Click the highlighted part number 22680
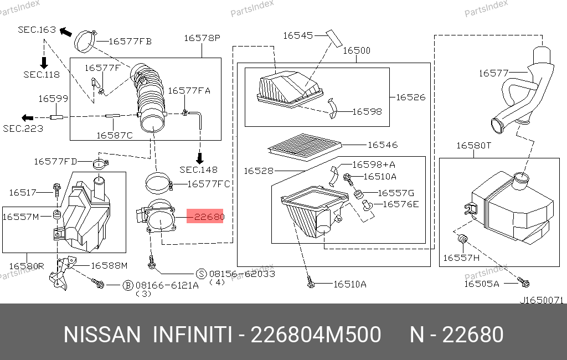coord(209,217)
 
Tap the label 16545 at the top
coord(298,35)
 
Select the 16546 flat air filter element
coord(305,147)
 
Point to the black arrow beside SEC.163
coord(66,32)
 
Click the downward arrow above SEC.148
coord(199,158)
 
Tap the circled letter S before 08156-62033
coord(201,274)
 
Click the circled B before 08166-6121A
coord(128,285)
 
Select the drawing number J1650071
coord(542,300)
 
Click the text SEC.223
coord(23,129)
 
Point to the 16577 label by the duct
coord(493,74)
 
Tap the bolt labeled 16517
coord(57,189)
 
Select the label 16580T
coord(474,146)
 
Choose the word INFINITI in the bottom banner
coord(192,335)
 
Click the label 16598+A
coord(374,165)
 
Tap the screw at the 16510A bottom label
coord(310,282)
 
